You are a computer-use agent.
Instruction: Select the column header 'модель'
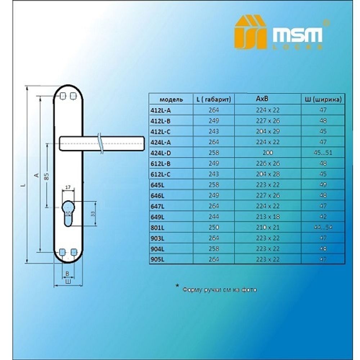click(x=171, y=99)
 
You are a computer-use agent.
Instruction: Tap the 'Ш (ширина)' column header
click(x=323, y=99)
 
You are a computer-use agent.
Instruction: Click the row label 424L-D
click(x=160, y=153)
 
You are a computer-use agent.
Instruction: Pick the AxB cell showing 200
click(x=267, y=153)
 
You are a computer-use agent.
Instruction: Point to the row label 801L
click(x=157, y=228)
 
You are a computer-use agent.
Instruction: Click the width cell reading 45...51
click(x=323, y=153)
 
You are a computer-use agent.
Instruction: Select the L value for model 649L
click(x=213, y=217)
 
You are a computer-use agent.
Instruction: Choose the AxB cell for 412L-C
click(x=267, y=131)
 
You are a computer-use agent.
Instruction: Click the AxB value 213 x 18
click(x=267, y=217)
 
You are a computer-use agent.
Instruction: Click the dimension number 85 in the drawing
click(x=46, y=176)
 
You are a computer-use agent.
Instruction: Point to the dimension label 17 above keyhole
click(x=68, y=188)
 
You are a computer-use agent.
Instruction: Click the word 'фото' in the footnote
click(x=250, y=290)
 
